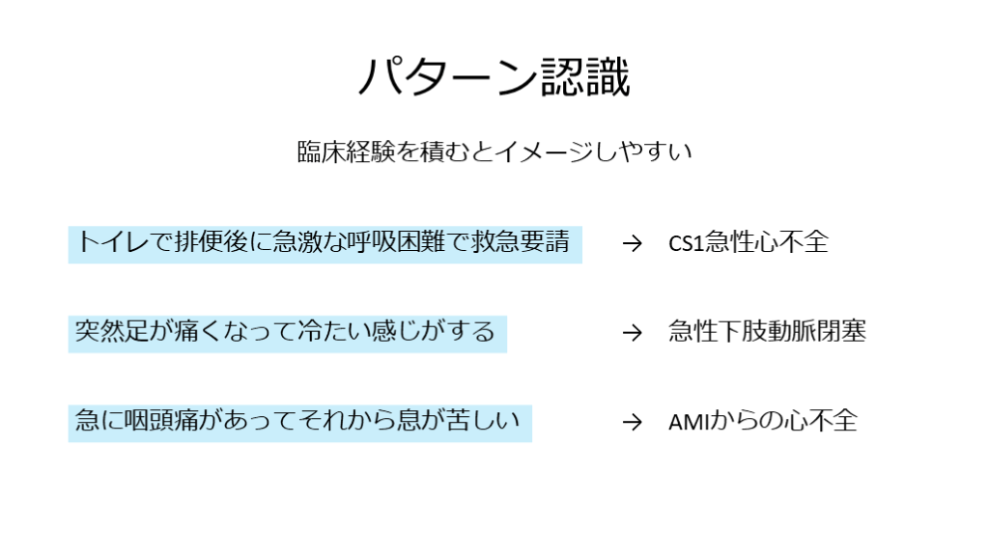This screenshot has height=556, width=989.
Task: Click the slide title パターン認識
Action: pyautogui.click(x=494, y=78)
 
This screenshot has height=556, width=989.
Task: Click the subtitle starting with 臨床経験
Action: pyautogui.click(x=494, y=153)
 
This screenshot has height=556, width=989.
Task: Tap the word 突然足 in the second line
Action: pyautogui.click(x=114, y=332)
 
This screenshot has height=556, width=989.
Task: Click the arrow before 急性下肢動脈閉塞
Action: pyautogui.click(x=632, y=333)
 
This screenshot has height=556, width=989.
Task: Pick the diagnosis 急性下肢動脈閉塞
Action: pyautogui.click(x=767, y=332)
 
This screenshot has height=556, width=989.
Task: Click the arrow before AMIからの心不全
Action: pyautogui.click(x=632, y=423)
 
